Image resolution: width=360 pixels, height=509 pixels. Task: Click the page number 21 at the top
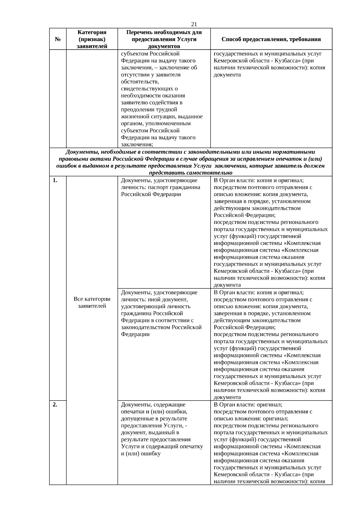(194, 24)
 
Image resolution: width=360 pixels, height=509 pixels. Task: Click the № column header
(58, 39)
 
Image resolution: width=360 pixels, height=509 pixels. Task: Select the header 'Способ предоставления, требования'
(271, 39)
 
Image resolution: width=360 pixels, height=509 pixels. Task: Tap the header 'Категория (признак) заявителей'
(92, 39)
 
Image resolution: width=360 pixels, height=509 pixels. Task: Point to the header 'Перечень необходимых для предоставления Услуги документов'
(164, 39)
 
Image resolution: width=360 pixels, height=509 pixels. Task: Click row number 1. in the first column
(55, 180)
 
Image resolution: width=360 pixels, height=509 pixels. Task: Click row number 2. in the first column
(55, 404)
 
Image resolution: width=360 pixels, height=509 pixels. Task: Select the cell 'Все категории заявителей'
(92, 302)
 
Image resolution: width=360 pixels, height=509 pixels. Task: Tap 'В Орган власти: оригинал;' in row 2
(248, 404)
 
